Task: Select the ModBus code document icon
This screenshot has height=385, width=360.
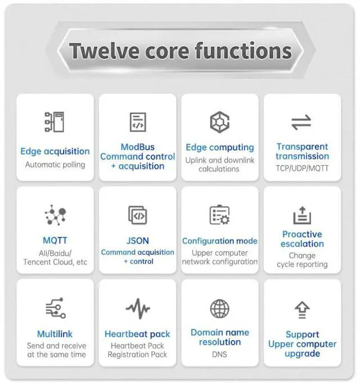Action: pos(138,122)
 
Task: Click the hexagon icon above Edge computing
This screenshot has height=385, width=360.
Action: pos(219,121)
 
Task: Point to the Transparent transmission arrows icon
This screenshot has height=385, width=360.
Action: pos(302,122)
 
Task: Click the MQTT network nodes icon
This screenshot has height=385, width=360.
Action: pos(55,215)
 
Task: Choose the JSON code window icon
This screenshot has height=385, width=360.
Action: pos(138,215)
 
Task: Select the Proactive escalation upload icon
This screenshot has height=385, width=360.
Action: pos(302,215)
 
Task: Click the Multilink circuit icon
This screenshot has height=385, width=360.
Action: pos(55,308)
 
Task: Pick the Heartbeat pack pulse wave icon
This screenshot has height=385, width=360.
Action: pos(138,309)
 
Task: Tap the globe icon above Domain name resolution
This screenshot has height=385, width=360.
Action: pos(219,309)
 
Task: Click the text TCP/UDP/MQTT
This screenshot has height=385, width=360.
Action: pos(302,167)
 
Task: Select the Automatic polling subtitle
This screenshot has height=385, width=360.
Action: pos(55,165)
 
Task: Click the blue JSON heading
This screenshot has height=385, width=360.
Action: pos(138,241)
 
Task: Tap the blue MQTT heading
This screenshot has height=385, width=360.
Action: pos(55,241)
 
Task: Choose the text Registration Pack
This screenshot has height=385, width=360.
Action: pos(137,355)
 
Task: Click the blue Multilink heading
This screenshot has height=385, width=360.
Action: pos(55,333)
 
